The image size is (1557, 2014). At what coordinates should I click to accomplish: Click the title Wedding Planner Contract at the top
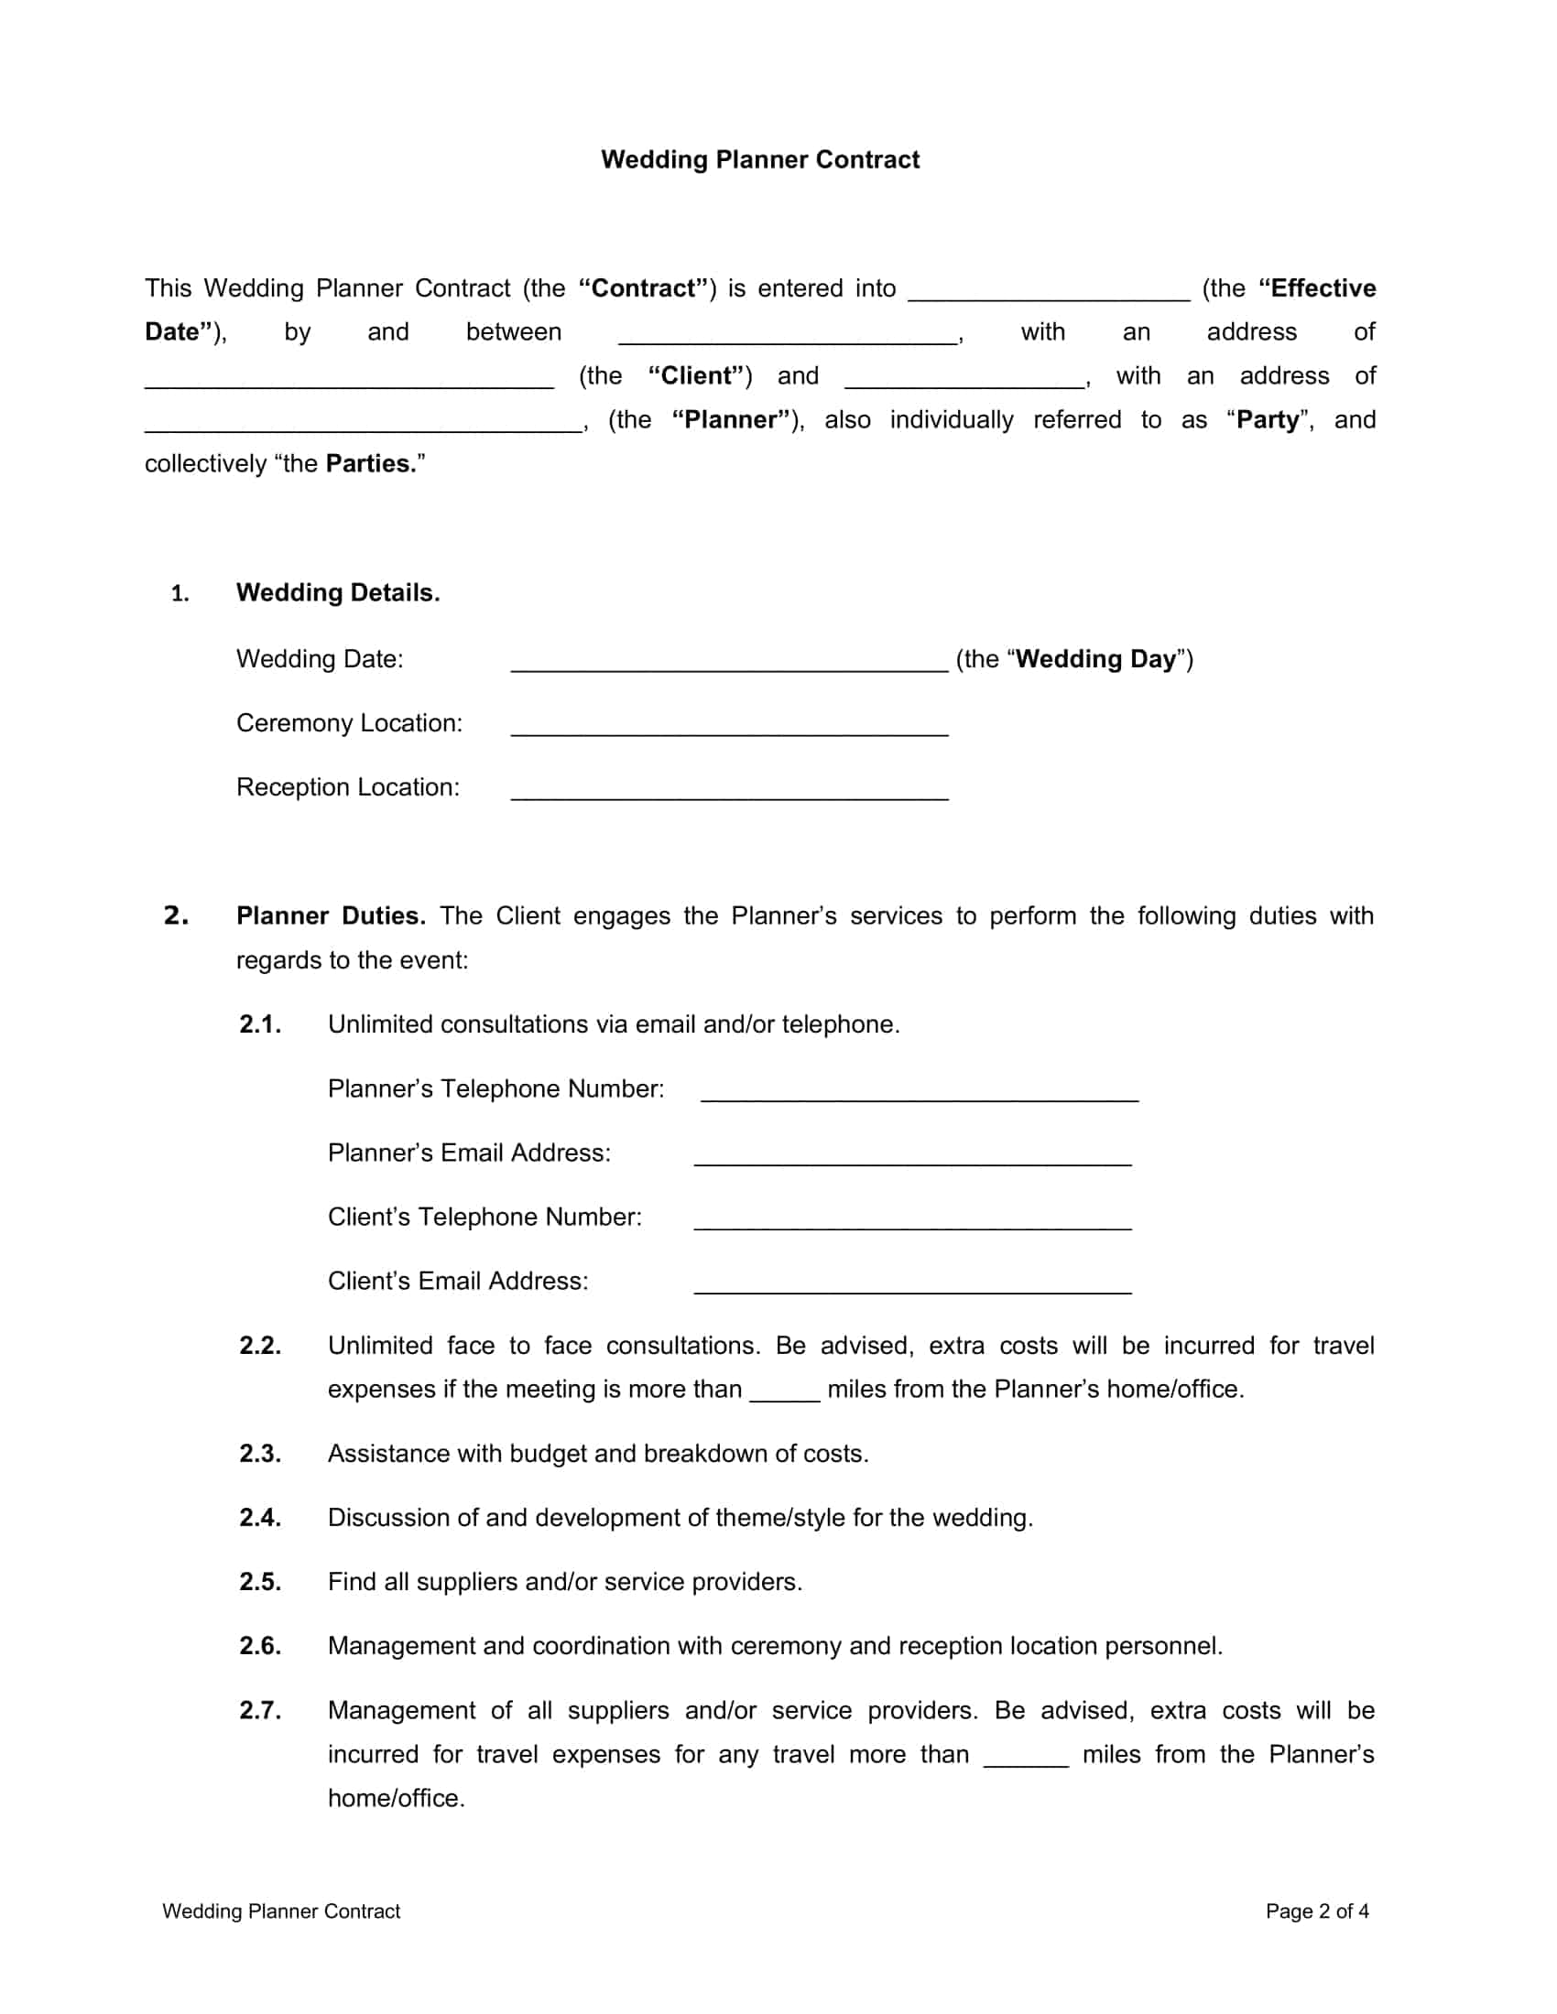(760, 159)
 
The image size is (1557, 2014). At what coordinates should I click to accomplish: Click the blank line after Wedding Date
(729, 665)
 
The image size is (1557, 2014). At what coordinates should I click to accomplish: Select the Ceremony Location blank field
(729, 730)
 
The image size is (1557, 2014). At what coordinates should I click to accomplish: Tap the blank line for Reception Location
(729, 794)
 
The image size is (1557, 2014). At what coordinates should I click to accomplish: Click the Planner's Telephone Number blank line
(919, 1095)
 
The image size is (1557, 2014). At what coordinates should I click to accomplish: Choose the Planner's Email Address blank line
(912, 1159)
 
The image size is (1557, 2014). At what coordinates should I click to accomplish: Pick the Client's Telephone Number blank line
(912, 1223)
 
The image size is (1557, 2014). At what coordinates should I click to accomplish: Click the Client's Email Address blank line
(912, 1287)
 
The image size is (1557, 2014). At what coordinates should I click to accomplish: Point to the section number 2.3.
(260, 1455)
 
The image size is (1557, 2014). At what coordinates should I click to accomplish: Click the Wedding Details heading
(338, 593)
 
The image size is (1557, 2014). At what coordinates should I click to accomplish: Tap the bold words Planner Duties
(331, 915)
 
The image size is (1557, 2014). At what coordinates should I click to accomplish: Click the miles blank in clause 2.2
(784, 1394)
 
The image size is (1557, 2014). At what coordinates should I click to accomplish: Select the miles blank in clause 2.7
(1026, 1760)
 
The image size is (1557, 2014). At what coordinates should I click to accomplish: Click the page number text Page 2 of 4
(1316, 1911)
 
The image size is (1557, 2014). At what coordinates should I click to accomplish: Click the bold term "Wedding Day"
(1095, 659)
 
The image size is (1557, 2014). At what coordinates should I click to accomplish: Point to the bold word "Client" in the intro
(700, 376)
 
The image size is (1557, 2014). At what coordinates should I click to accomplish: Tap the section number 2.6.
(260, 1646)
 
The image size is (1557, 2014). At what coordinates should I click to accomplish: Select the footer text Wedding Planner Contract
(281, 1911)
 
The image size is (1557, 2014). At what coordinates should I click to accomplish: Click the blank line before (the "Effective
(1049, 294)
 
